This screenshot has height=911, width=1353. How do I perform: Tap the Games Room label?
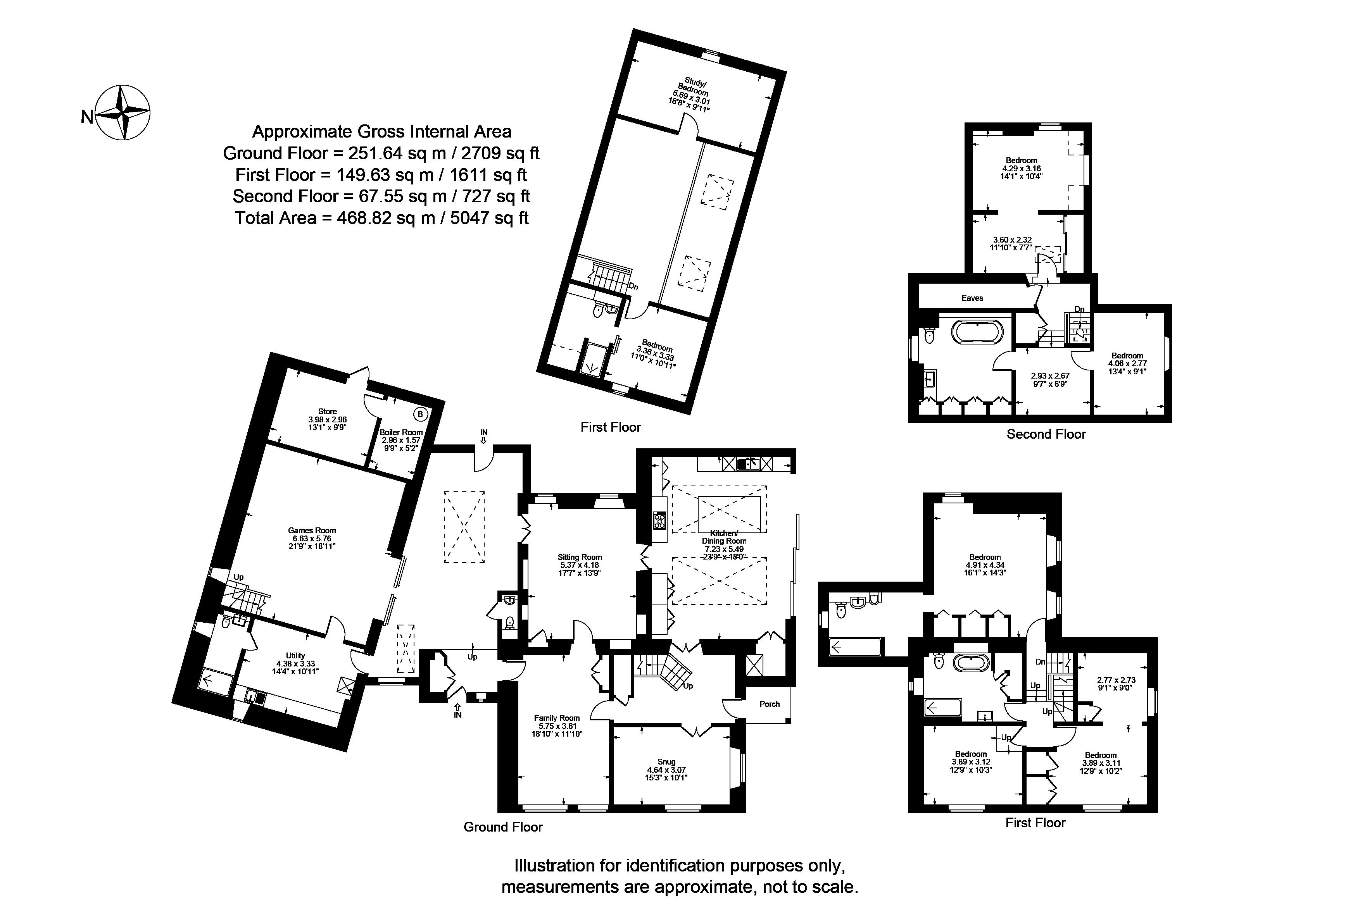click(312, 538)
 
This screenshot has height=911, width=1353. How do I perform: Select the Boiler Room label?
click(401, 441)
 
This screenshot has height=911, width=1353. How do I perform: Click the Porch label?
click(770, 704)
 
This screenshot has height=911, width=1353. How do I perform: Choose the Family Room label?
click(557, 726)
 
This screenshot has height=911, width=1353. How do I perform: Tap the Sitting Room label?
click(580, 565)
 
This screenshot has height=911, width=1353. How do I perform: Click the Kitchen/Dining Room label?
click(724, 544)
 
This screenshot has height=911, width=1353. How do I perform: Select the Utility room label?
click(295, 663)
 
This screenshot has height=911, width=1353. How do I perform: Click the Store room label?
click(327, 419)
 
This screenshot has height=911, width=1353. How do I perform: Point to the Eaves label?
click(972, 298)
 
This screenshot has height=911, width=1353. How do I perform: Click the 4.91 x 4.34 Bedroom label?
click(985, 565)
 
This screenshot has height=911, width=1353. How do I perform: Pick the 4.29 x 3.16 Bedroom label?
click(1021, 169)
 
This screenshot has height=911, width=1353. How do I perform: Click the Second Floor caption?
click(1046, 434)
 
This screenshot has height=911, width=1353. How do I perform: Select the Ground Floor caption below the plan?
click(503, 827)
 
